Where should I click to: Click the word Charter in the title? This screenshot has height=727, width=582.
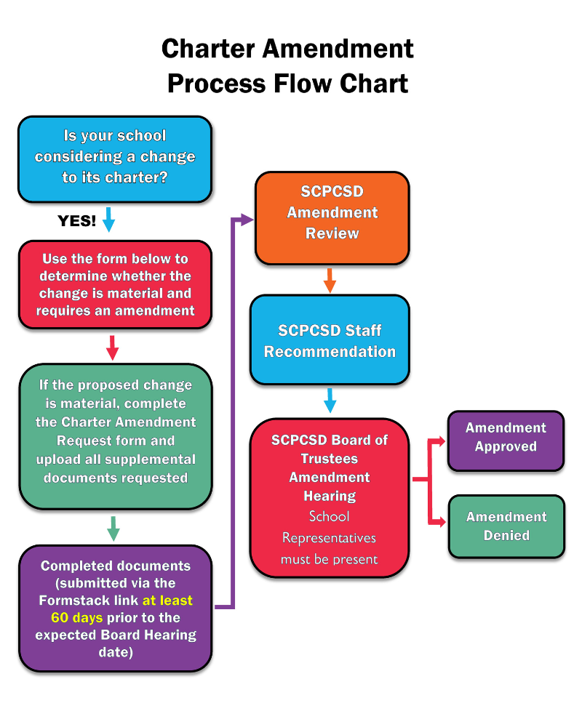(209, 49)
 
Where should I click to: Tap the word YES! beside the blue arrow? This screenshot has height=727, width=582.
(77, 221)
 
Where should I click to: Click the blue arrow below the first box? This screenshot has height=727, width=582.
(108, 219)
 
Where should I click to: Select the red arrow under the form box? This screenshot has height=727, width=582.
(112, 348)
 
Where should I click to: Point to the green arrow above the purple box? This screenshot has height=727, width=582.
(113, 529)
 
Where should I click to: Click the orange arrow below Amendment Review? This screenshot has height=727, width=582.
(330, 280)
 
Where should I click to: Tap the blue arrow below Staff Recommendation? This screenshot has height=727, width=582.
(330, 401)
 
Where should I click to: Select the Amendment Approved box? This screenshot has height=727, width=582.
(506, 438)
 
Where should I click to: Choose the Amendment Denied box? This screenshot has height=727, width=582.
(506, 526)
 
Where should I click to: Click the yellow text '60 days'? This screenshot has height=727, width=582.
(77, 618)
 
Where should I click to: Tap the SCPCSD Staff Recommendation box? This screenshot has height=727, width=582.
(330, 341)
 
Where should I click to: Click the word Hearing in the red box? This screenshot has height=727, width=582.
(330, 496)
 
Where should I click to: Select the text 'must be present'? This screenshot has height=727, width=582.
(330, 559)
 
